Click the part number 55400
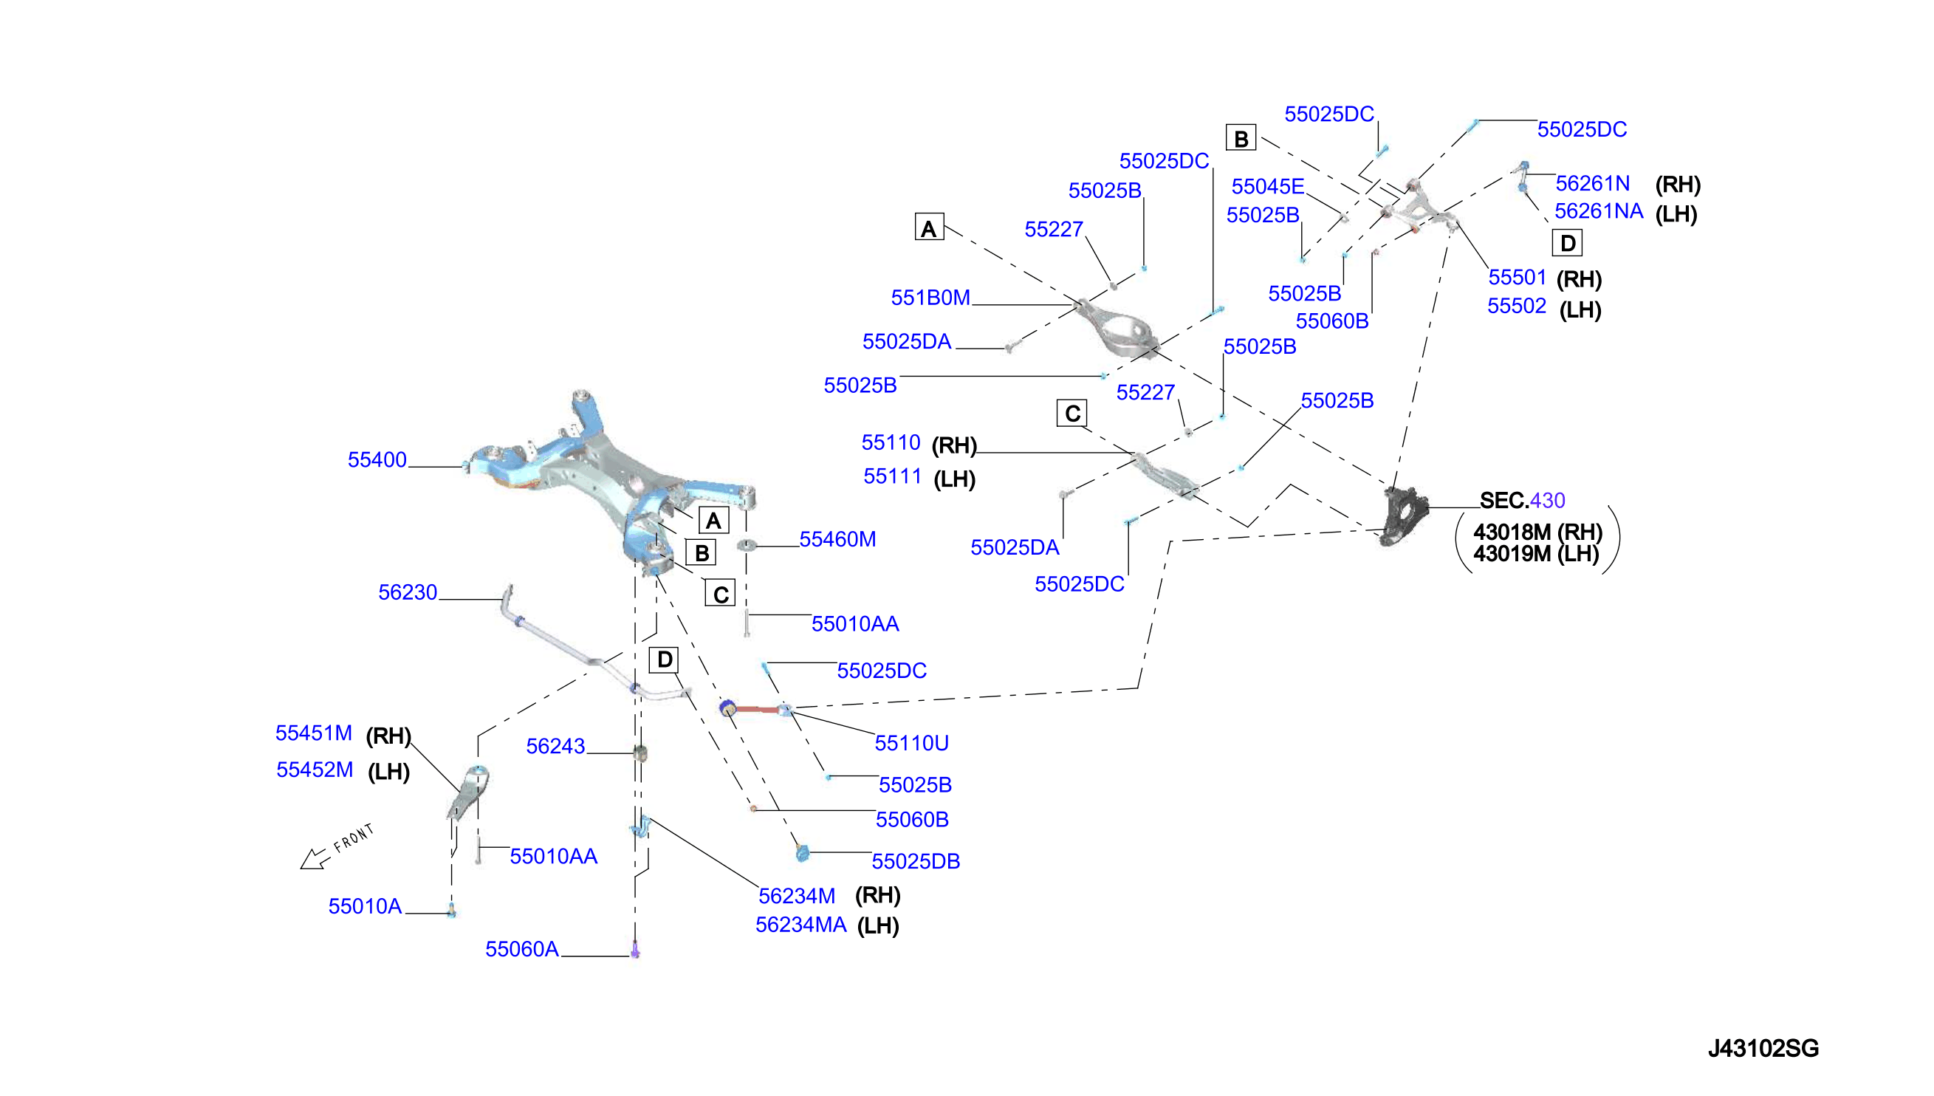(x=377, y=459)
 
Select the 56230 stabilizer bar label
(x=407, y=592)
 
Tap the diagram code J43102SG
(x=1763, y=1048)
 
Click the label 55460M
(x=837, y=539)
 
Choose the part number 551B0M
(x=930, y=298)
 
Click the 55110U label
(x=911, y=743)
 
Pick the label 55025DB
(x=916, y=861)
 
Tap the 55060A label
(x=522, y=949)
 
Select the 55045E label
(x=1268, y=186)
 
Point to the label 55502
(x=1516, y=306)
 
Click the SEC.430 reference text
(x=1523, y=500)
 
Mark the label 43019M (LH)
(x=1536, y=554)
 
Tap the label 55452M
(x=315, y=770)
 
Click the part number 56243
(x=555, y=746)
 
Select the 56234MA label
(x=800, y=925)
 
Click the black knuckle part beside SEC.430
(x=1405, y=516)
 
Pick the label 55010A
(x=365, y=906)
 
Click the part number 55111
(x=893, y=476)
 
